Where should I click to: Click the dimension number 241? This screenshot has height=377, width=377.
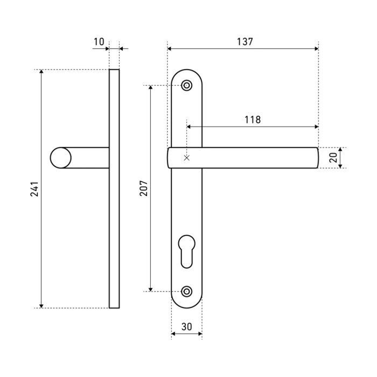point(34,189)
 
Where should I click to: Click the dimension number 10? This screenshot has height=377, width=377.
point(99,42)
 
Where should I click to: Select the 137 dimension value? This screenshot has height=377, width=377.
point(245,42)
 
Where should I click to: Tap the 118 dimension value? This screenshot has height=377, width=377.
point(253,120)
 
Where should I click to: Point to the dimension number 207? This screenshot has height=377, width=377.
point(144,188)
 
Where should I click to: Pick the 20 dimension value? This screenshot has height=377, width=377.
point(333,158)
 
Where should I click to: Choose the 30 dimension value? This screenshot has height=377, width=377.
point(186,327)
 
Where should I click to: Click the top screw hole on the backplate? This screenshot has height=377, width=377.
point(187,85)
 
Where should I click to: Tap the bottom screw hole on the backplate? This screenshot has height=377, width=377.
point(187,291)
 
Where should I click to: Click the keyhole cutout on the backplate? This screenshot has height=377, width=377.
point(187,252)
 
